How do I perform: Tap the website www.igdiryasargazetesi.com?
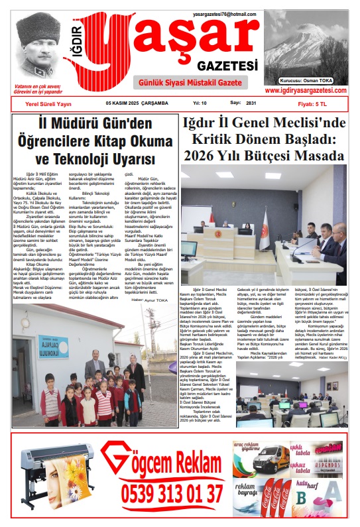(306, 90)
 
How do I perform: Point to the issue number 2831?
(251, 104)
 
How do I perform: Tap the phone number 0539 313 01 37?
(172, 493)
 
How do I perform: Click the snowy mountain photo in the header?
(306, 48)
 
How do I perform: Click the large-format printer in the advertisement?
(53, 474)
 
